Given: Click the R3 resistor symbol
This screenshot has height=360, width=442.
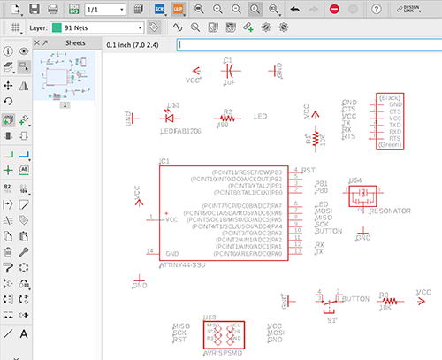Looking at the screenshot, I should (385, 302).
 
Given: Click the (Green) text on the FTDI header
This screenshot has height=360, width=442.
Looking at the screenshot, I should (389, 145).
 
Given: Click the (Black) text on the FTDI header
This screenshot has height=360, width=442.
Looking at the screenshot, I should (389, 96).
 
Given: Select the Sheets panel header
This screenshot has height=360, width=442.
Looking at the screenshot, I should (75, 42).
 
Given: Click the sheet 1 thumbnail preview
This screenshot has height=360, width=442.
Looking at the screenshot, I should (66, 78).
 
